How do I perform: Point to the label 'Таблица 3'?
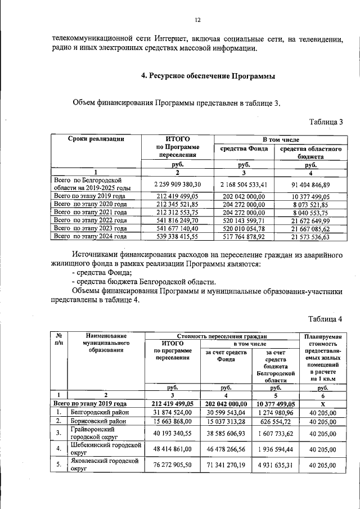click(326, 121)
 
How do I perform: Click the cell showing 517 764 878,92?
click(244, 237)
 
